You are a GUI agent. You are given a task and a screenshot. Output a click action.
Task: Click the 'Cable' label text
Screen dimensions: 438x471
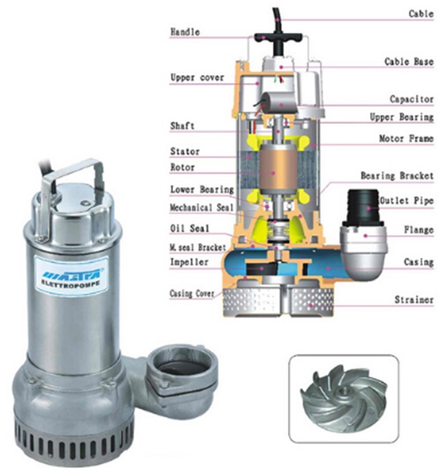tap(421, 13)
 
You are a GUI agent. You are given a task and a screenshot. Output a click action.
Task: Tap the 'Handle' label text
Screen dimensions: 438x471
tap(185, 32)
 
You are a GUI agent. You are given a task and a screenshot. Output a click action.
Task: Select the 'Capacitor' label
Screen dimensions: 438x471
tap(412, 99)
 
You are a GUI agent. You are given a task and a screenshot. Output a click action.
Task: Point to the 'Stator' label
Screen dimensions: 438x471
tap(185, 151)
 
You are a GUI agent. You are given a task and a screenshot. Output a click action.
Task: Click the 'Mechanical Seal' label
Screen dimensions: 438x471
tap(201, 208)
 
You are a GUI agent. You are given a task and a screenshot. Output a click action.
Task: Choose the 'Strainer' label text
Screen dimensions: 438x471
tap(414, 299)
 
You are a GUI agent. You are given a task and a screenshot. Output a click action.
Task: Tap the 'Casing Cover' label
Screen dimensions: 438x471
tap(192, 293)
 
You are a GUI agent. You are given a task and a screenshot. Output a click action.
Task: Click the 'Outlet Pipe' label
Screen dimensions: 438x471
tap(407, 200)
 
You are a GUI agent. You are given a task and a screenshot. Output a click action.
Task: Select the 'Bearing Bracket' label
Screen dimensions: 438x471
tap(397, 176)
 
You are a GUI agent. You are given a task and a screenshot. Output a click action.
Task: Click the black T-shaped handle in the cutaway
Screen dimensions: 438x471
tap(278, 38)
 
